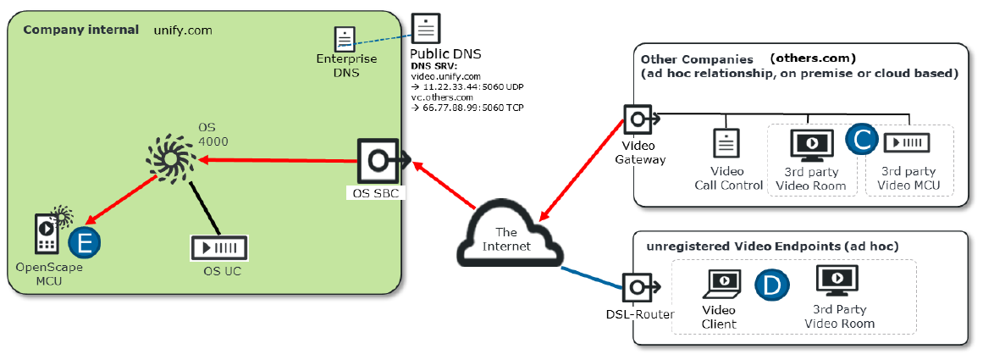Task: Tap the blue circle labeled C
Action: click(x=861, y=140)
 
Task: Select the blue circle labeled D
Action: click(x=772, y=285)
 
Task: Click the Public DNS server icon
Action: click(x=426, y=29)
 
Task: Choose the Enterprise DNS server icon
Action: click(x=343, y=39)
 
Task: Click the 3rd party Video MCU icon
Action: click(x=906, y=144)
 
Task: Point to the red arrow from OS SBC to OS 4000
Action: click(x=278, y=161)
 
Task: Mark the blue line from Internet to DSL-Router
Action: click(x=592, y=278)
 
